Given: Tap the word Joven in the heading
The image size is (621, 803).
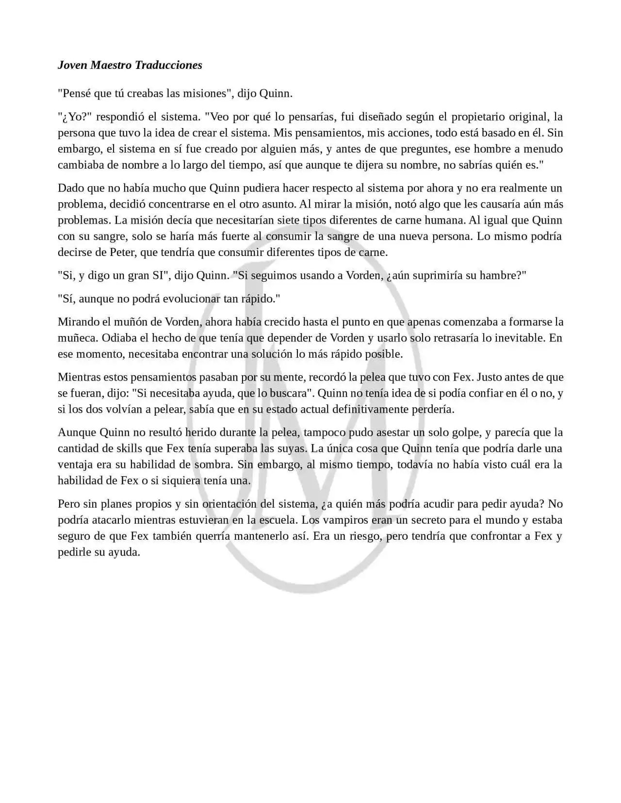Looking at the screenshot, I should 72,65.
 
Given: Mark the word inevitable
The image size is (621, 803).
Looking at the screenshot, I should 520,338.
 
